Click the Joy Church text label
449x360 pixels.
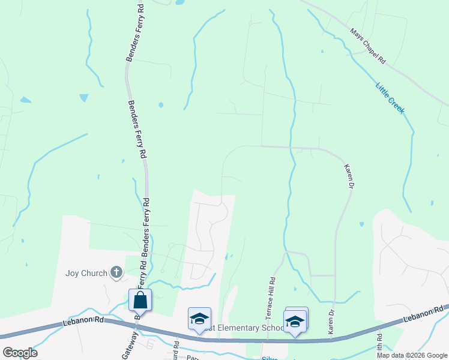(86, 274)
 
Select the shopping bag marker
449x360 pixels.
(140, 299)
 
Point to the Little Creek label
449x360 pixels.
(390, 98)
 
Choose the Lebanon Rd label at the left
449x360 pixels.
(83, 322)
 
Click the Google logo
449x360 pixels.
(20, 352)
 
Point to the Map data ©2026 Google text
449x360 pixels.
(412, 355)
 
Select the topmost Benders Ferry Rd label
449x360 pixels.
(135, 33)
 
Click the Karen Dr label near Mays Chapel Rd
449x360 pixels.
(348, 177)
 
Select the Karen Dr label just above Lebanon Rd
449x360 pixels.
(330, 322)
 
